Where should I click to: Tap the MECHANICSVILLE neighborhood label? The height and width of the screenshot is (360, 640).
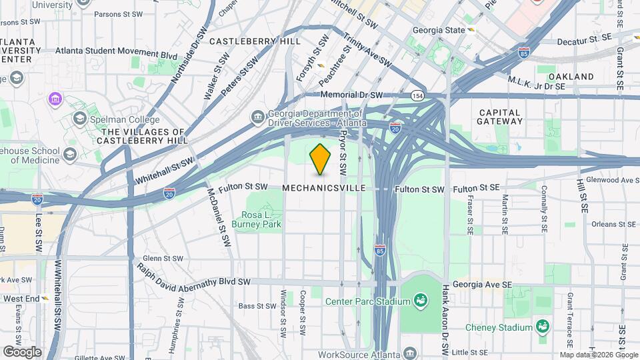[324, 189]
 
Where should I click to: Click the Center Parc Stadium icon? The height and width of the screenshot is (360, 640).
[421, 301]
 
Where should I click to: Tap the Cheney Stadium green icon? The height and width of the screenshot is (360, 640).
[543, 327]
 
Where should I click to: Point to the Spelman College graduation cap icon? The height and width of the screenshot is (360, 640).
[80, 118]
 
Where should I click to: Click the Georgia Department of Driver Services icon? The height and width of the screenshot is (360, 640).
[258, 118]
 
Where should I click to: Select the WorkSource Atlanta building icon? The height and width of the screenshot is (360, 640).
[410, 354]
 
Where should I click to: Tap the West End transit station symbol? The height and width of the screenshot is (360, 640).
[45, 299]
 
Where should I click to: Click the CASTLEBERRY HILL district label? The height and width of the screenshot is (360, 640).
[254, 41]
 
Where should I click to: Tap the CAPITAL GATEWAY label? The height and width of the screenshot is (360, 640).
[500, 117]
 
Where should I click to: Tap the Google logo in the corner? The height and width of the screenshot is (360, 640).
[22, 351]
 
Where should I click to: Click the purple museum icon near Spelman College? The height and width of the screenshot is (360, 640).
[55, 99]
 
